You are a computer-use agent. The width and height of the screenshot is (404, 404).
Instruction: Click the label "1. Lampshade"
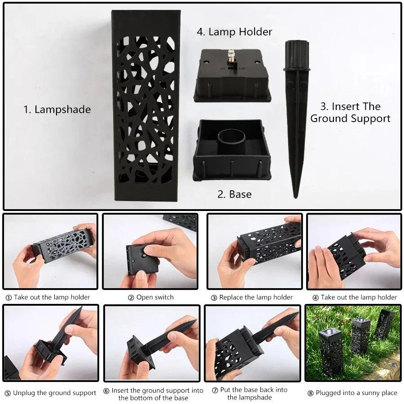click(57, 110)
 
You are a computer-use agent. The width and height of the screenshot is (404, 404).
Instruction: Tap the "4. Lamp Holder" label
click(234, 32)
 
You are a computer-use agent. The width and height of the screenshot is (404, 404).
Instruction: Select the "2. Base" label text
click(234, 194)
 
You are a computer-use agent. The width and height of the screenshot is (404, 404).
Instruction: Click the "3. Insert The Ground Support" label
click(350, 113)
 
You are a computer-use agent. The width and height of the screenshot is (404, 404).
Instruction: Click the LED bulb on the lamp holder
click(232, 56)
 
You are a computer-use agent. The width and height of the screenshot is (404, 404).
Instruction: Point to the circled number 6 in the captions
click(107, 391)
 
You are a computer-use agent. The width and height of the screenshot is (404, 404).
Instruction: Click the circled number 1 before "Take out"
click(9, 297)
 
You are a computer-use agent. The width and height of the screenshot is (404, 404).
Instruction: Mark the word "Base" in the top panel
click(240, 194)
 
